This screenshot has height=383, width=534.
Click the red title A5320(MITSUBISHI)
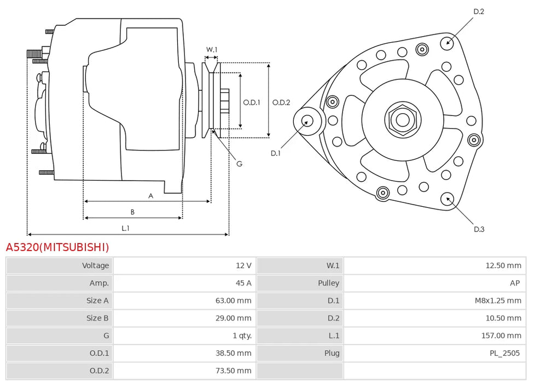tap(57, 247)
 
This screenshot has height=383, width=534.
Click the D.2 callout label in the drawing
tap(479, 11)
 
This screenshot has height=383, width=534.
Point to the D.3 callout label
tap(479, 229)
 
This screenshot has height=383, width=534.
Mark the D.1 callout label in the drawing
tap(275, 153)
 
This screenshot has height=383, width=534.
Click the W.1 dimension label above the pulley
tap(211, 50)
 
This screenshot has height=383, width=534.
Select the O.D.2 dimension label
tap(281, 102)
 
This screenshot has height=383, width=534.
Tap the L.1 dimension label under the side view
tap(125, 228)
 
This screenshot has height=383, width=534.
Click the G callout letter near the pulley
tap(239, 164)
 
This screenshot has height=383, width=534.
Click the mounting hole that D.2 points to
tap(449, 42)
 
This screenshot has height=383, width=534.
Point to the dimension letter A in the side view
tap(150, 195)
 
